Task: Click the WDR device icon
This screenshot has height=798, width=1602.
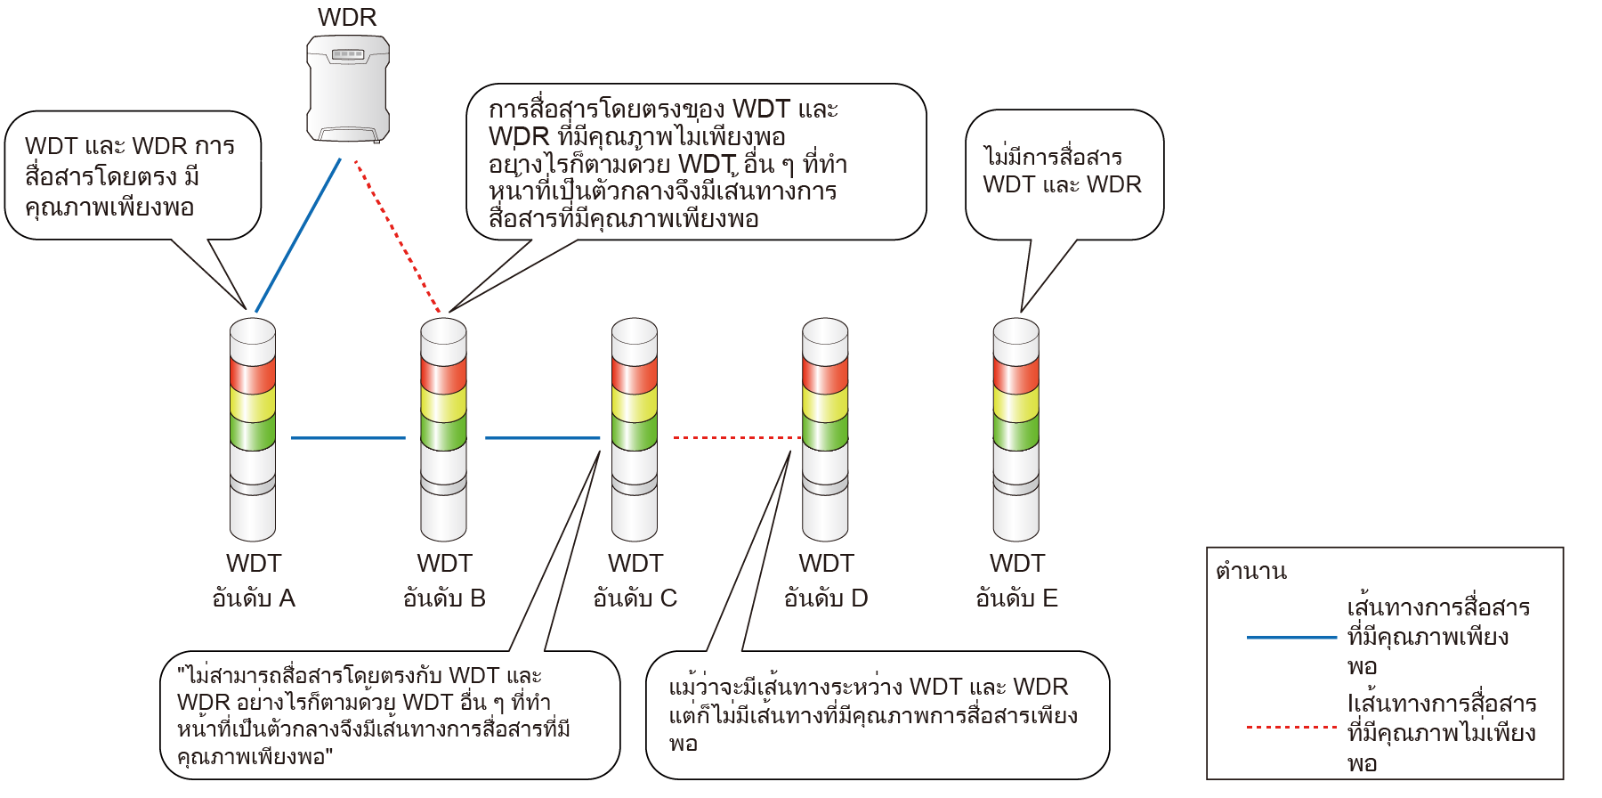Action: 348,89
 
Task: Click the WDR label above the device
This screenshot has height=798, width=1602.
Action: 347,17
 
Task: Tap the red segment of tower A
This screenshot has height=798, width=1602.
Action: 253,374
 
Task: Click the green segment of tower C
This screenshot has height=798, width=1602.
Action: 635,433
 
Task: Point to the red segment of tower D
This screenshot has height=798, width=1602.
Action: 825,374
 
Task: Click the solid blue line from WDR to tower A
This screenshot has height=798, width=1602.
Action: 298,235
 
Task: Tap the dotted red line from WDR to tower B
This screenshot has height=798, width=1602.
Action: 398,237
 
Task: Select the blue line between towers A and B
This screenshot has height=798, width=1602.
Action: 348,437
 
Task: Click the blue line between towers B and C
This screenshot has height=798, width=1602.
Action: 542,437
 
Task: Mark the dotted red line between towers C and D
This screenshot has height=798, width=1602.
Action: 737,437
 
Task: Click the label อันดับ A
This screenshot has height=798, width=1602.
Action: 254,598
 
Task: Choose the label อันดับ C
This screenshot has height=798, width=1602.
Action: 635,598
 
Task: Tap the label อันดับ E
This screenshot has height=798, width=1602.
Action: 1017,598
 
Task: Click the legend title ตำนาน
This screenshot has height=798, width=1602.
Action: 1251,571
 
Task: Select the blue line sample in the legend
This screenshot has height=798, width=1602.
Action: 1291,638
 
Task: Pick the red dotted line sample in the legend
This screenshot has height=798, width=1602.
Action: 1291,728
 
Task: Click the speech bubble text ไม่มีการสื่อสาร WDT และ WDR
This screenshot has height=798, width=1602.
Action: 1062,170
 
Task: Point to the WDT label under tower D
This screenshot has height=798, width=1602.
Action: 826,564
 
